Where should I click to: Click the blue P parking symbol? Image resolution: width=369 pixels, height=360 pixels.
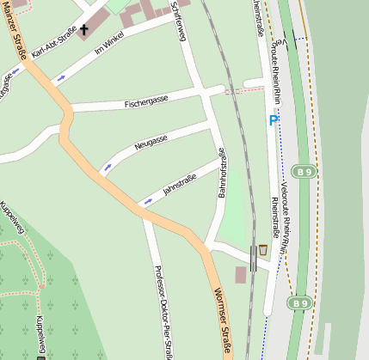(274, 120)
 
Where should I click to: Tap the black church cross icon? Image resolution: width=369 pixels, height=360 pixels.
(83, 31)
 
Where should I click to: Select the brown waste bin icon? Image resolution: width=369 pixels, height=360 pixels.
(262, 249)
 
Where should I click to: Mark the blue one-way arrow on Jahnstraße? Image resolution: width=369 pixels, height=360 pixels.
(147, 201)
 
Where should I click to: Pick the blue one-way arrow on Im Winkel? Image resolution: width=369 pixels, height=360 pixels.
(60, 79)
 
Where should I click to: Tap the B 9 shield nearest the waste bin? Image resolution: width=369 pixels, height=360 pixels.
(298, 303)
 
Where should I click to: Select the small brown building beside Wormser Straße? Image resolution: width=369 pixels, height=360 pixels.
(240, 275)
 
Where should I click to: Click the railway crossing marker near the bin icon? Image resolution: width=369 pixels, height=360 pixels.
(252, 257)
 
